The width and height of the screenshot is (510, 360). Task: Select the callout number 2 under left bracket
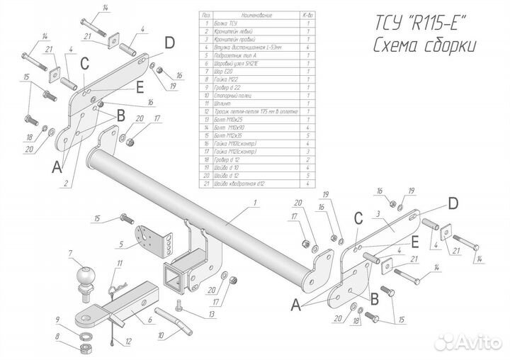pos(66,184)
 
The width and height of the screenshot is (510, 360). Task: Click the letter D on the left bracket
pos(169,43)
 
